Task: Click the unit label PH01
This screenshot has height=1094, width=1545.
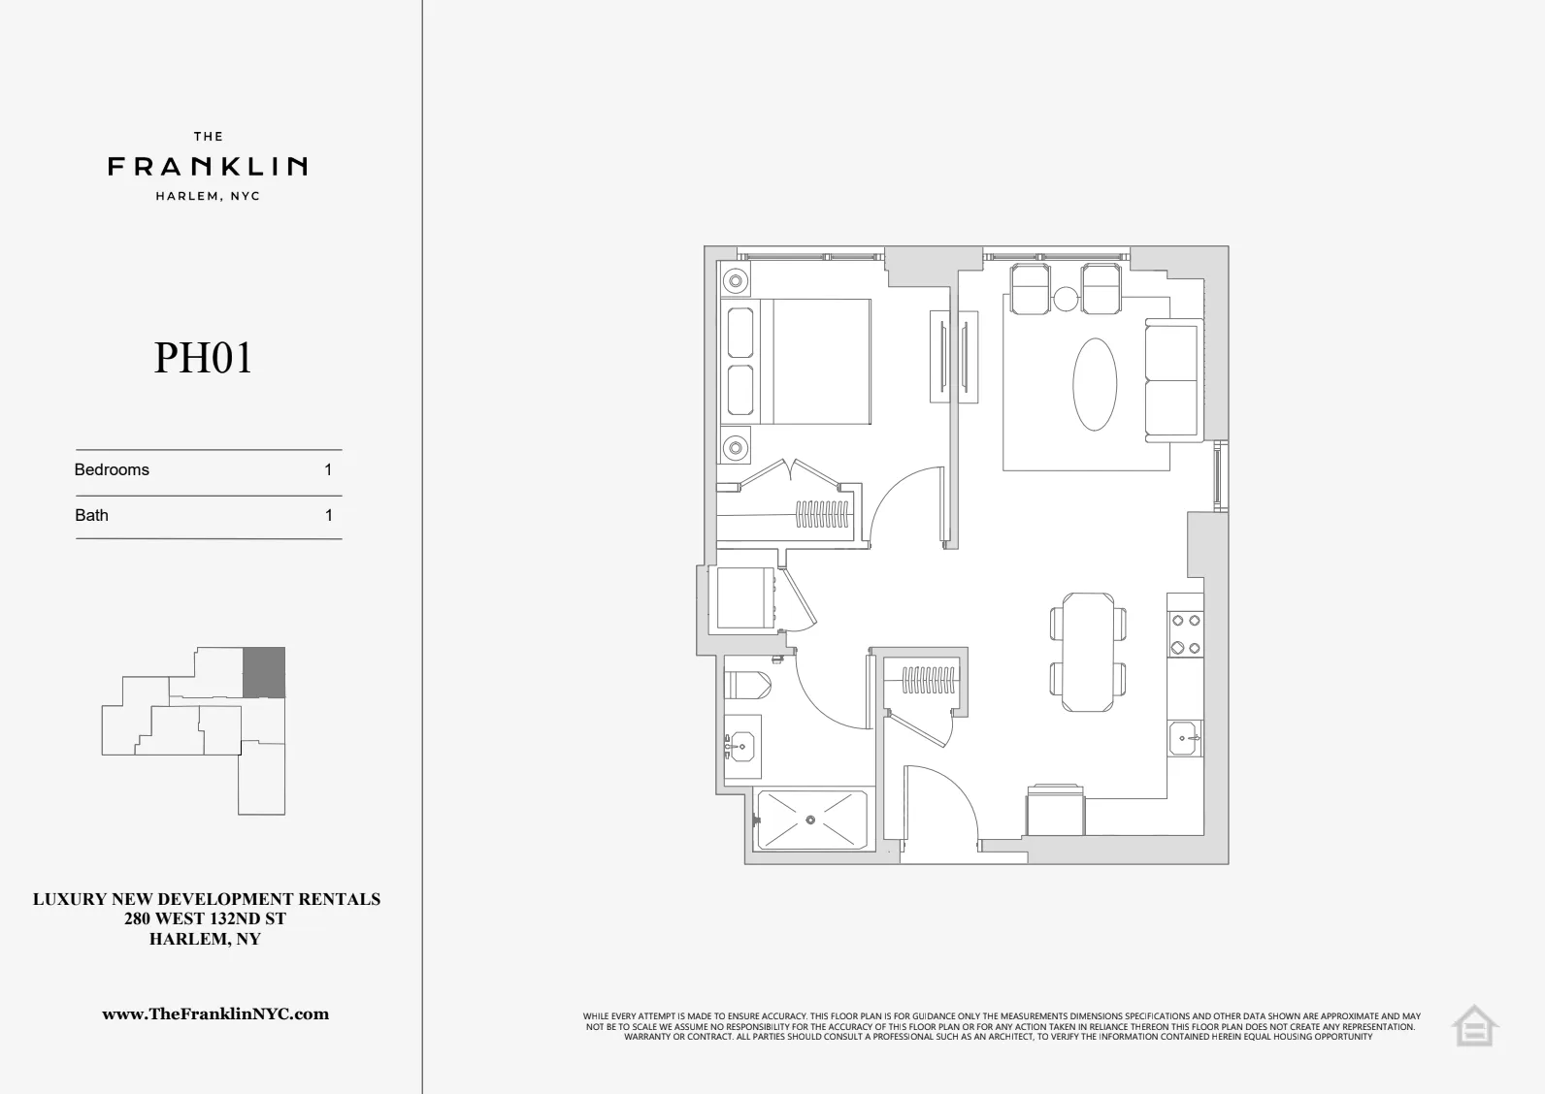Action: click(x=204, y=358)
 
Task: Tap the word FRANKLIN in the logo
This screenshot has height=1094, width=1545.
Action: click(x=208, y=167)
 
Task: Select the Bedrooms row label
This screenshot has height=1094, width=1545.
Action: click(x=112, y=470)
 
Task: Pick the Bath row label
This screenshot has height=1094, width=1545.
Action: click(x=91, y=516)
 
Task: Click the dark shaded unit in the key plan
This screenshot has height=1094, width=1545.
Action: click(x=263, y=672)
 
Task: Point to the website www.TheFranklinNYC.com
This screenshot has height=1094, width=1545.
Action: click(x=215, y=1014)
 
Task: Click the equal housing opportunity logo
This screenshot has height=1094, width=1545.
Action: click(x=1474, y=1025)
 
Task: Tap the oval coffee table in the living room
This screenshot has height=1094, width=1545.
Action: click(x=1094, y=384)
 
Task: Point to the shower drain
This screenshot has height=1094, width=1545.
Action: click(x=811, y=820)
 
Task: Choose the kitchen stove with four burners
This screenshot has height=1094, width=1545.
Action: click(x=1184, y=634)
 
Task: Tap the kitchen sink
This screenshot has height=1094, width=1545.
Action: click(x=1184, y=739)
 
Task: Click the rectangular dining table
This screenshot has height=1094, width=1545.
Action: click(x=1089, y=652)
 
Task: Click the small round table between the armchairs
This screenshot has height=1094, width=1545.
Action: click(x=1066, y=300)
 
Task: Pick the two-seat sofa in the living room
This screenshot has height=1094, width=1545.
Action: click(x=1171, y=380)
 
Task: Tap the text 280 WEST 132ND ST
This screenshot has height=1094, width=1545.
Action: click(x=206, y=919)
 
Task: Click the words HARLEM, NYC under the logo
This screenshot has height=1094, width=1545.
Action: click(x=208, y=196)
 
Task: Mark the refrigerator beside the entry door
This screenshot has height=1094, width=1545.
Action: click(x=1055, y=813)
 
